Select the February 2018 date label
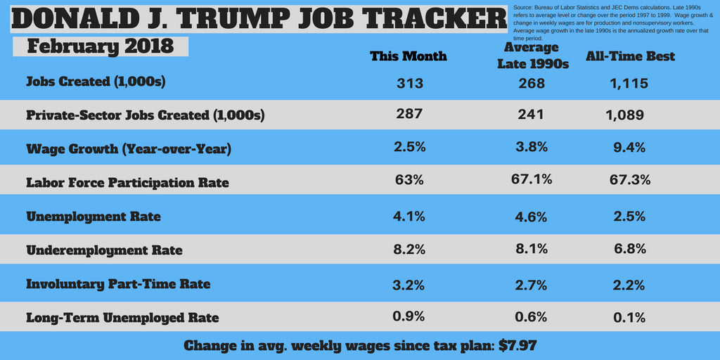[x=100, y=46]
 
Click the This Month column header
[x=409, y=56]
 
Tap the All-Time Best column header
[x=631, y=56]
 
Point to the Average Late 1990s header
[x=532, y=56]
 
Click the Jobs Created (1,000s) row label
[x=96, y=82]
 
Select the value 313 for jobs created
[x=409, y=83]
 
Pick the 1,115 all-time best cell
[x=629, y=83]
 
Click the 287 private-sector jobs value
[x=409, y=114]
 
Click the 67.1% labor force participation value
[x=532, y=180]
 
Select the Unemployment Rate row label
[x=94, y=217]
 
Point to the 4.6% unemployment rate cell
[x=532, y=217]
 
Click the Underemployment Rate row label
[x=104, y=250]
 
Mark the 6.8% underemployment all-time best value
[x=629, y=250]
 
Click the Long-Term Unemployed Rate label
[x=122, y=318]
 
